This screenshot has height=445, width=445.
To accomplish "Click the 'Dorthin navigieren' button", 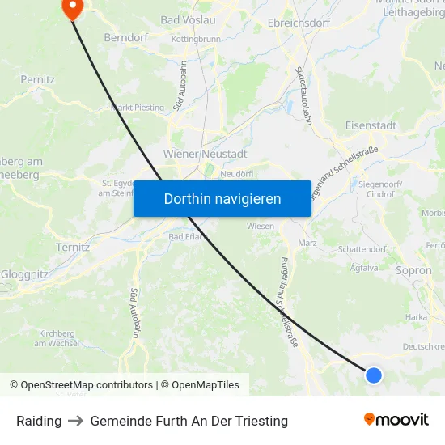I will pyautogui.click(x=222, y=199).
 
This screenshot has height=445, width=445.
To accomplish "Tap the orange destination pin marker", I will pyautogui.click(x=72, y=8).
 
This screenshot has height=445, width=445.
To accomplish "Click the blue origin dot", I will pyautogui.click(x=373, y=375).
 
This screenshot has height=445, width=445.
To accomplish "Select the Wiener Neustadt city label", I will pyautogui.click(x=205, y=154).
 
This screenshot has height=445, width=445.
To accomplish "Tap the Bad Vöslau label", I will pyautogui.click(x=188, y=19).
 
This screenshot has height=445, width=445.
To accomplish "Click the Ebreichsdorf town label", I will pyautogui.click(x=299, y=23).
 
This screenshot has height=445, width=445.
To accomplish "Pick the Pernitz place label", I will pyautogui.click(x=38, y=80).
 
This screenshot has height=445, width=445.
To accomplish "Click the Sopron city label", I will pyautogui.click(x=413, y=271).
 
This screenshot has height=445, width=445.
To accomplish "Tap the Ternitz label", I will pyautogui.click(x=73, y=247).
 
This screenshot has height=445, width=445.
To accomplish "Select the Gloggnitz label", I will pyautogui.click(x=24, y=274).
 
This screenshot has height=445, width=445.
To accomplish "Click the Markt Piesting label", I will pyautogui.click(x=137, y=107).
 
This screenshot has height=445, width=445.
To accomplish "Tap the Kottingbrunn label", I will pyautogui.click(x=196, y=38).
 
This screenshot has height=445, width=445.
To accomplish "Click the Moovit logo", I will pyautogui.click(x=396, y=420).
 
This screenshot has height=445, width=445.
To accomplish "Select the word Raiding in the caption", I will pyautogui.click(x=39, y=421).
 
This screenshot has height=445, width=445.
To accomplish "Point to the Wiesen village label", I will pyautogui.click(x=261, y=227).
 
